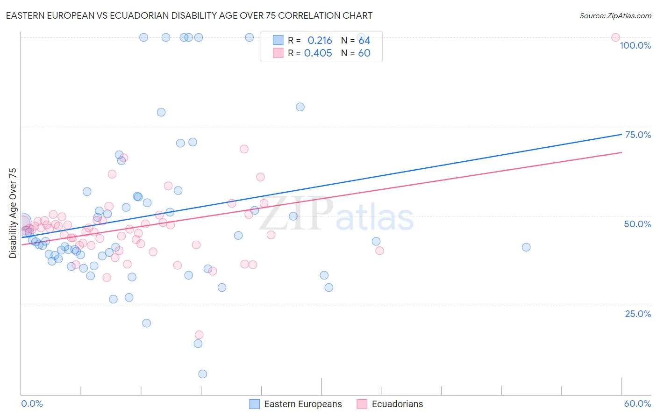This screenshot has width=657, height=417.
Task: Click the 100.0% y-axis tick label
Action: point(635,45)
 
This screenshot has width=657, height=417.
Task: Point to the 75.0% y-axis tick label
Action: point(638,135)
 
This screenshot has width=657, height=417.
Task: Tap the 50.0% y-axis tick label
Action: point(637,224)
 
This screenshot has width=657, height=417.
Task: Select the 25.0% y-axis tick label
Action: point(638,313)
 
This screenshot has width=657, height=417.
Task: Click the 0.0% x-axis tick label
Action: point(32,403)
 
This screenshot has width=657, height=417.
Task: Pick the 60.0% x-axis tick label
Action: point(637,403)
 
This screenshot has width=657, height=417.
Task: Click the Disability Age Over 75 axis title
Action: point(13,213)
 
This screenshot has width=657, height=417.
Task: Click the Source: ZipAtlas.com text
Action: point(615,15)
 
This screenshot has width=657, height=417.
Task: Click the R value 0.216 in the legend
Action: point(320,41)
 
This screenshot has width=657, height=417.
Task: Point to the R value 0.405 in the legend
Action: point(318,53)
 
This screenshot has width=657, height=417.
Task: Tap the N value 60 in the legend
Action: point(364,53)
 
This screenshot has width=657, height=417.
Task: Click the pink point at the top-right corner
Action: point(615,37)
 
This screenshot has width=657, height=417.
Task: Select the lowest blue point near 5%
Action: point(202,374)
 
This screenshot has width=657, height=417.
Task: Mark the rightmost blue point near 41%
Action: point(526,247)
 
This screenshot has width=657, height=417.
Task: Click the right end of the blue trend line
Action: point(621,134)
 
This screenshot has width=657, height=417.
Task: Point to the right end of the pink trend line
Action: point(621,152)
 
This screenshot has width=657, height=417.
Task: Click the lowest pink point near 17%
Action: point(199,335)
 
